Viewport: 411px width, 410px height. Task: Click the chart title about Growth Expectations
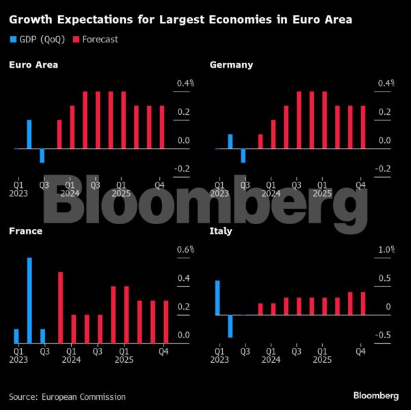[181, 20]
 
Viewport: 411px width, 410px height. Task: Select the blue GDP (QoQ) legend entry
[39, 40]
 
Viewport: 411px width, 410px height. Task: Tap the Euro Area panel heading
[34, 65]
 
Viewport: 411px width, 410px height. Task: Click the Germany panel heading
[231, 65]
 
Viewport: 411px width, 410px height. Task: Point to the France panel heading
[25, 231]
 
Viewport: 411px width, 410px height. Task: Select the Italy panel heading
[221, 231]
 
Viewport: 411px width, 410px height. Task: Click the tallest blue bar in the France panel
[29, 301]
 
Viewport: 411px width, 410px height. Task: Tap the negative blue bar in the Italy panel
[230, 326]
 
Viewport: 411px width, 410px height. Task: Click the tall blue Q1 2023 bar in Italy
[217, 298]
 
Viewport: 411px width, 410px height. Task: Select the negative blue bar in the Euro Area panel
[42, 156]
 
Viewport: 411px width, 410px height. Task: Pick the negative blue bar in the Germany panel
[243, 156]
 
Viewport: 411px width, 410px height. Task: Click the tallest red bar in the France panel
[60, 307]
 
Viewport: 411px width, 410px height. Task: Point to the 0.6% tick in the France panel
[186, 250]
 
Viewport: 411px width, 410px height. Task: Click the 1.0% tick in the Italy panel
[386, 250]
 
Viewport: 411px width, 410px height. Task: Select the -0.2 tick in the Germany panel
[383, 169]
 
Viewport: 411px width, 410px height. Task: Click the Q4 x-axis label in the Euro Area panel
[160, 184]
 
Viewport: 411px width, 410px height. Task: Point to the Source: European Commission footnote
[67, 396]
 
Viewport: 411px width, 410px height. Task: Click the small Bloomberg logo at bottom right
[376, 396]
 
